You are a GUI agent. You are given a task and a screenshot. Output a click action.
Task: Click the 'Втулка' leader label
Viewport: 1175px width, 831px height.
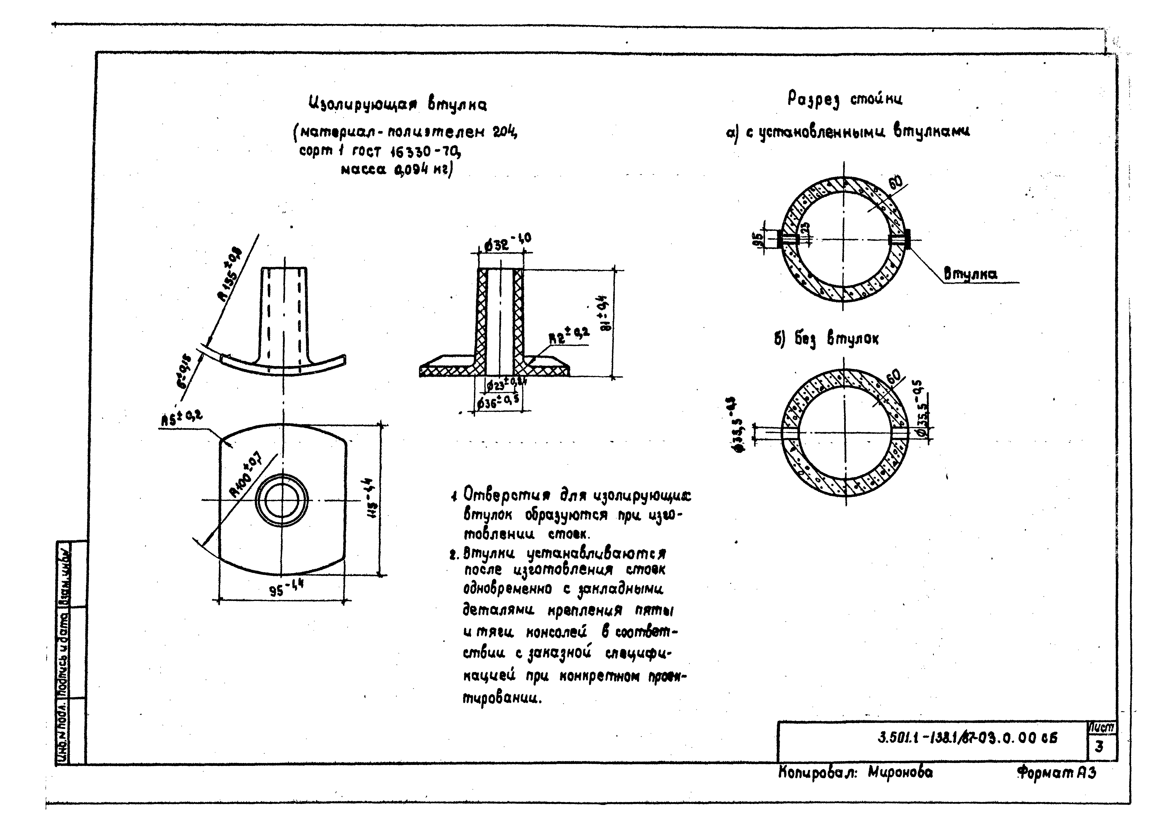(x=970, y=275)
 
